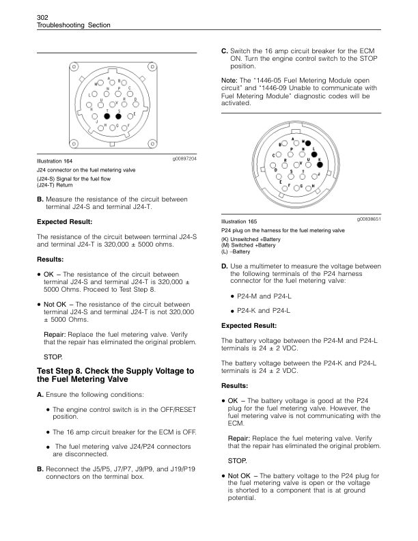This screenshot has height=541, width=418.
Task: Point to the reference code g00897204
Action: [x=182, y=158]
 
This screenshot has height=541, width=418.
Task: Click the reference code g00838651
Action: [x=368, y=219]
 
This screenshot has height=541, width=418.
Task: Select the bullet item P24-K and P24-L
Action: [x=266, y=311]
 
